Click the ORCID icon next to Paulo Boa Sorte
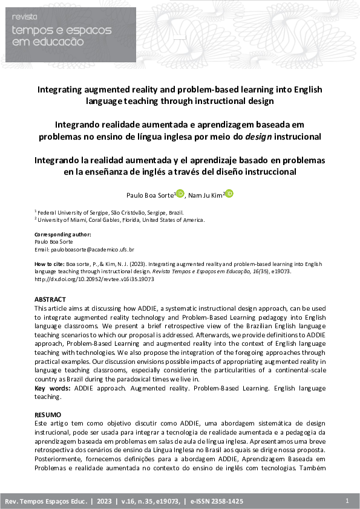(x=180, y=194)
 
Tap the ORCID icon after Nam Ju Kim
(x=229, y=194)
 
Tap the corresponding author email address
(x=84, y=249)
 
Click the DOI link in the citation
(x=94, y=279)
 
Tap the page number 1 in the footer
(x=347, y=501)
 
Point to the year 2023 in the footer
(x=103, y=502)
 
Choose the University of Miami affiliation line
(x=119, y=220)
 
